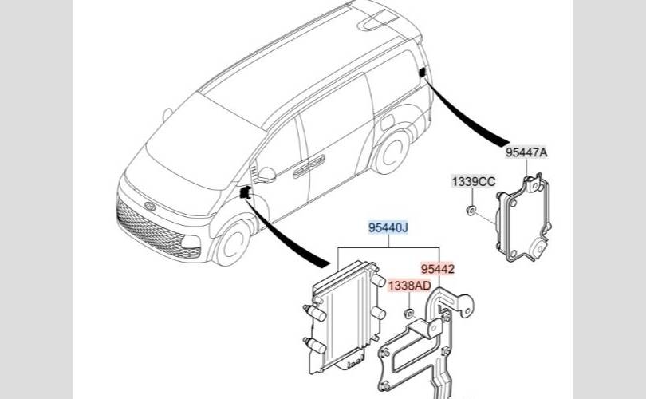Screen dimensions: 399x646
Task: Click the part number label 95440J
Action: pyautogui.click(x=388, y=228)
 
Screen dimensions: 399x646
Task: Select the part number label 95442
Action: pyautogui.click(x=437, y=269)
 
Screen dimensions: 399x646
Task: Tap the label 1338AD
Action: pyautogui.click(x=410, y=286)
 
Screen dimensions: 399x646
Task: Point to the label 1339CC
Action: pyautogui.click(x=474, y=182)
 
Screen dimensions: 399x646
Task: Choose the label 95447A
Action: pyautogui.click(x=526, y=152)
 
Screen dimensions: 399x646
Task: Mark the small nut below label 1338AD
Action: pyautogui.click(x=408, y=313)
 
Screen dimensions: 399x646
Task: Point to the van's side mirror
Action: pyautogui.click(x=266, y=174)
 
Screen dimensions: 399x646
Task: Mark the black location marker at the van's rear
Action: pyautogui.click(x=420, y=73)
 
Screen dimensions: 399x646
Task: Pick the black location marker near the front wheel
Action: pyautogui.click(x=246, y=192)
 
